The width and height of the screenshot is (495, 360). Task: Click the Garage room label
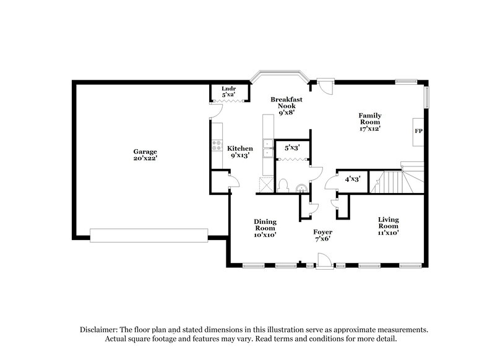pyautogui.click(x=145, y=155)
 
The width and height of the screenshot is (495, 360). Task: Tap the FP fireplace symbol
pyautogui.click(x=418, y=132)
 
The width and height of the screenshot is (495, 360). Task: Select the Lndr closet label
pyautogui.click(x=228, y=92)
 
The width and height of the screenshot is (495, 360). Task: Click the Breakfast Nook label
pyautogui.click(x=286, y=106)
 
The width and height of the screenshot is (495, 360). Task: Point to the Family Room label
pyautogui.click(x=370, y=122)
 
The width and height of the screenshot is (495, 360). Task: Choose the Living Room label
pyautogui.click(x=388, y=226)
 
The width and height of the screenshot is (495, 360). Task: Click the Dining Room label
pyautogui.click(x=265, y=228)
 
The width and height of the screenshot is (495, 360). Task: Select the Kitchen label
pyautogui.click(x=239, y=152)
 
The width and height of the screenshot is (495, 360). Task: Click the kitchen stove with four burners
pyautogui.click(x=217, y=145)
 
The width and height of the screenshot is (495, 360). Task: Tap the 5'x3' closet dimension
pyautogui.click(x=291, y=148)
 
